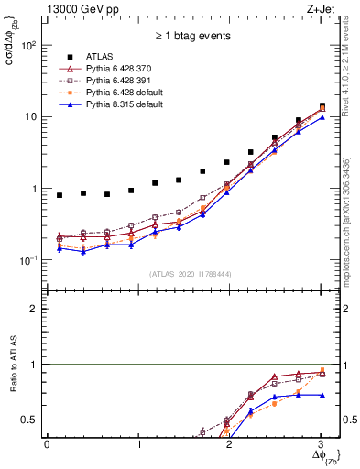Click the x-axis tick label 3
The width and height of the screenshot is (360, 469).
coord(321,444)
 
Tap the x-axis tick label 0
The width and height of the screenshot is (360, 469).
coord(47,444)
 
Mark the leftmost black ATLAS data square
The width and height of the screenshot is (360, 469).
coord(60,195)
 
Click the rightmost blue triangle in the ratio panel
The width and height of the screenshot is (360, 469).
coord(322,395)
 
